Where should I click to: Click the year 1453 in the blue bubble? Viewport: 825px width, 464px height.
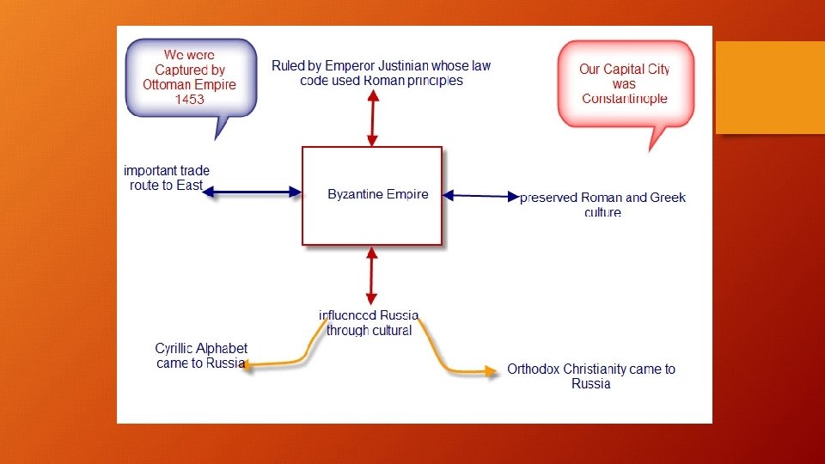(190, 100)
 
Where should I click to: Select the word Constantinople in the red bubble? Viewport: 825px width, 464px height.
(625, 99)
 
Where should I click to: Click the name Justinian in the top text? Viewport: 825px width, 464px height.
(398, 66)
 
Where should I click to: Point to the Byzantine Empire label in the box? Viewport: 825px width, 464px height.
(378, 195)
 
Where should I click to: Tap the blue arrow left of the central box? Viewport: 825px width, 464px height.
(253, 192)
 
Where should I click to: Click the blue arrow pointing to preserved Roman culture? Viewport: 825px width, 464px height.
(481, 197)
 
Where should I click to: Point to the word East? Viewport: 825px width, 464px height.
(190, 186)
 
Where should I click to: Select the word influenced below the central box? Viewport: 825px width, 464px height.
(347, 316)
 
